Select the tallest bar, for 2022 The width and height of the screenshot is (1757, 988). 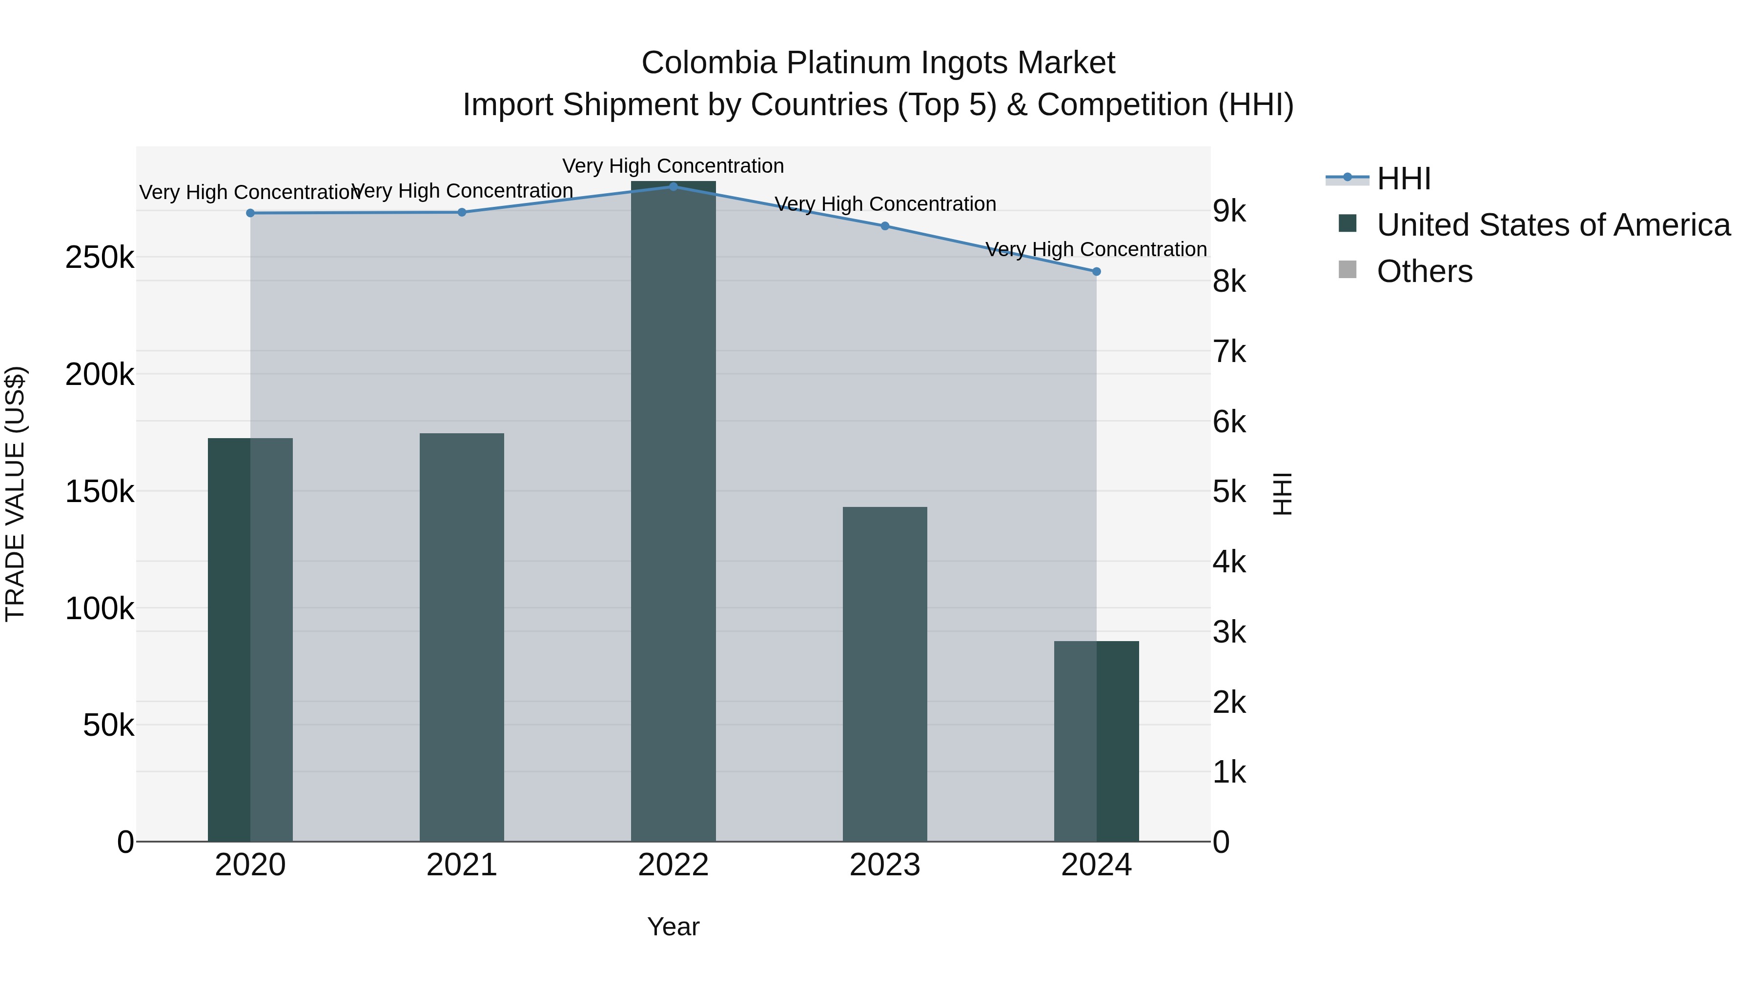pyautogui.click(x=673, y=511)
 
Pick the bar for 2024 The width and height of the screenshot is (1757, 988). pyautogui.click(x=1096, y=741)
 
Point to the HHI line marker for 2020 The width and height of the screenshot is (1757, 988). pyautogui.click(x=250, y=213)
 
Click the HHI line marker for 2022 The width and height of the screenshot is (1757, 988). pyautogui.click(x=673, y=187)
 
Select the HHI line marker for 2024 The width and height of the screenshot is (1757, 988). pyautogui.click(x=1096, y=271)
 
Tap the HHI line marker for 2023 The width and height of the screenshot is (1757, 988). pyautogui.click(x=885, y=226)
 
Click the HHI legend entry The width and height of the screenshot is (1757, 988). pyautogui.click(x=1403, y=179)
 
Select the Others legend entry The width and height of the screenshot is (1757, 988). pyautogui.click(x=1424, y=271)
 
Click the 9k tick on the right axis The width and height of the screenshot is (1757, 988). pyautogui.click(x=1229, y=211)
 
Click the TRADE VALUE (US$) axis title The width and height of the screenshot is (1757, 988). pyautogui.click(x=15, y=494)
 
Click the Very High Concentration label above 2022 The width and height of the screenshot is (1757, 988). pyautogui.click(x=673, y=166)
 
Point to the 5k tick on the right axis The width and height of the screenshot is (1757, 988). pyautogui.click(x=1229, y=492)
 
